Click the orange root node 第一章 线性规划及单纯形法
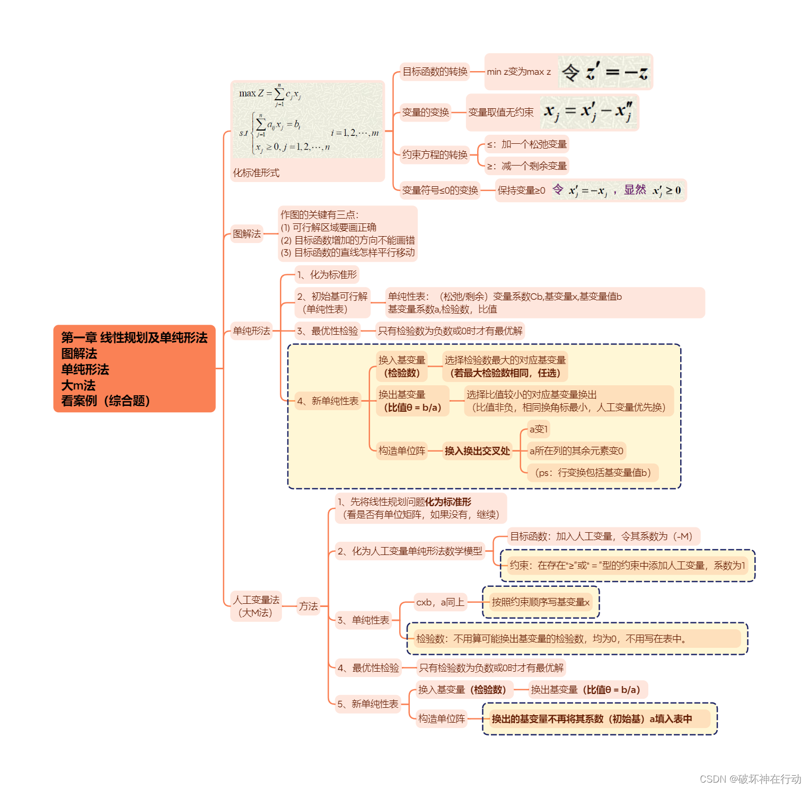(134, 368)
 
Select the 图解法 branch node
(247, 233)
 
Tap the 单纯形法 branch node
(251, 331)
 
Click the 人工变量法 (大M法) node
(256, 606)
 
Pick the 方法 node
(309, 606)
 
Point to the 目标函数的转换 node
(435, 72)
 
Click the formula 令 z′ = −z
(604, 72)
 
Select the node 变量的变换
(425, 112)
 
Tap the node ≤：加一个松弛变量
(527, 144)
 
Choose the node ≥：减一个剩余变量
(527, 166)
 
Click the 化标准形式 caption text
(256, 173)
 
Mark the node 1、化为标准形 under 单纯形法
(327, 275)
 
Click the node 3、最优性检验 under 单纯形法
(328, 331)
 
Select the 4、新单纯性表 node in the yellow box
(328, 401)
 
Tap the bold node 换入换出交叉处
(477, 451)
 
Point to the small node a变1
(539, 429)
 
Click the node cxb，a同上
(441, 602)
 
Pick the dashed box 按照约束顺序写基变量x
(541, 602)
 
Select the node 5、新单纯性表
(368, 704)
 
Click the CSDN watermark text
(750, 779)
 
